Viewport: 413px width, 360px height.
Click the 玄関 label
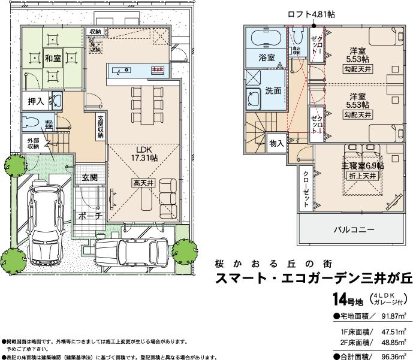point(90,177)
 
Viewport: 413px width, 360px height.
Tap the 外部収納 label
point(32,143)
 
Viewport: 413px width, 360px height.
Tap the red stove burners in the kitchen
point(157,70)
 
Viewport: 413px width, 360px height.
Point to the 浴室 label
point(267,58)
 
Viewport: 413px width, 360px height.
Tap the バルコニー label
point(354,230)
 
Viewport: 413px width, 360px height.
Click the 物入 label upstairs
point(276,143)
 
